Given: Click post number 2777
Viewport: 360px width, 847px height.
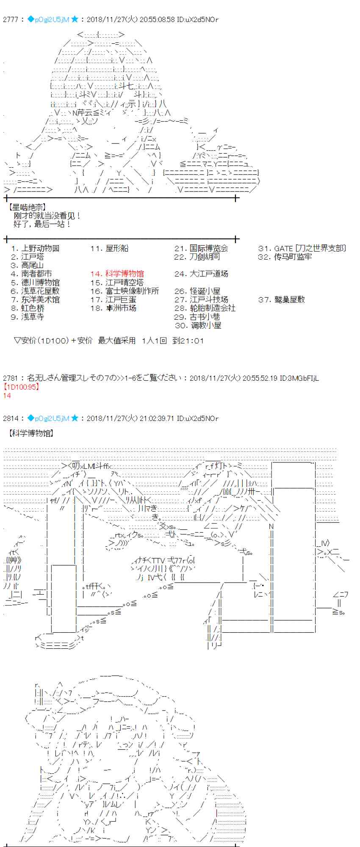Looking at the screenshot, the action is click(11, 19).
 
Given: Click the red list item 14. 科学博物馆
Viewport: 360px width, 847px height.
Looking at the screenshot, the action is click(117, 274).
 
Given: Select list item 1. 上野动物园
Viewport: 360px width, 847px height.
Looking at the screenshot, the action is click(36, 249).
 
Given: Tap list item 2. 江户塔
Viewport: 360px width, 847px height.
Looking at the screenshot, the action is click(28, 257).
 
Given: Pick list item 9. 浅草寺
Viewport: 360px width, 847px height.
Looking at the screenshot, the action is click(28, 317).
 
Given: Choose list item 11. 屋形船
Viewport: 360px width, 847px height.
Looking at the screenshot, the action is click(109, 249).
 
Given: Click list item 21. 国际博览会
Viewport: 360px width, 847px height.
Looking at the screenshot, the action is click(201, 249).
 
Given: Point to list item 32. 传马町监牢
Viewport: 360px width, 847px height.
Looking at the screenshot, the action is click(285, 257).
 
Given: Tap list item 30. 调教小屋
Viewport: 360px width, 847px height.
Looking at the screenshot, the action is click(198, 325).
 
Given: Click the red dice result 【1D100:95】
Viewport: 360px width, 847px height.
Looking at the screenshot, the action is click(21, 387).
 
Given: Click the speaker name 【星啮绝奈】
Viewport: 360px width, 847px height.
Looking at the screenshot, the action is click(26, 208).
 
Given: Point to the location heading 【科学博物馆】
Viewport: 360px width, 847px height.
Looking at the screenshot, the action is click(30, 433).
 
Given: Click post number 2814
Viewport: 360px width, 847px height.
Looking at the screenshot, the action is click(11, 418).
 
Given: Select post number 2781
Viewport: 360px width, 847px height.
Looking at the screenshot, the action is click(11, 378).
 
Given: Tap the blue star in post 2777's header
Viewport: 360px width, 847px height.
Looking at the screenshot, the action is click(75, 19).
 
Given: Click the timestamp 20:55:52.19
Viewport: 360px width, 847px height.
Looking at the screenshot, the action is click(260, 378).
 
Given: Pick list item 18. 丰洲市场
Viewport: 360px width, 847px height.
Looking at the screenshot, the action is click(113, 308).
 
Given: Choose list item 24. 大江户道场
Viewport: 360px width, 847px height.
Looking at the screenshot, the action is click(201, 274).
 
